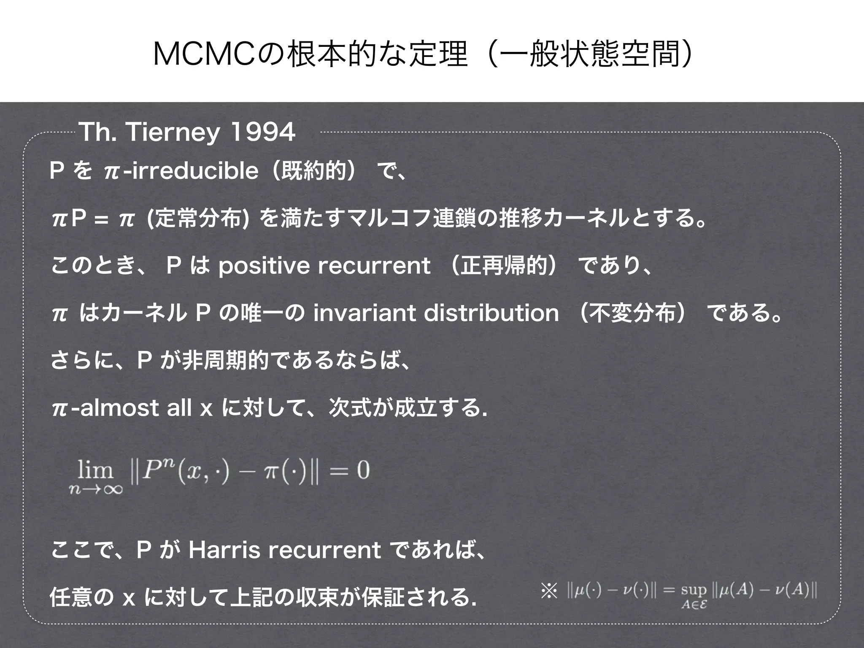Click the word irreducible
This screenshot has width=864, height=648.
click(194, 171)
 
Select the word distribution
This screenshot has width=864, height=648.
click(491, 313)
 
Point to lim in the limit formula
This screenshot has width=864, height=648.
click(96, 470)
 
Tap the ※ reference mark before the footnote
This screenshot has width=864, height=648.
click(549, 590)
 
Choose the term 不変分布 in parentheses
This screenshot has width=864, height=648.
click(633, 313)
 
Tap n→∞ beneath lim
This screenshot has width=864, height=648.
click(96, 489)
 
